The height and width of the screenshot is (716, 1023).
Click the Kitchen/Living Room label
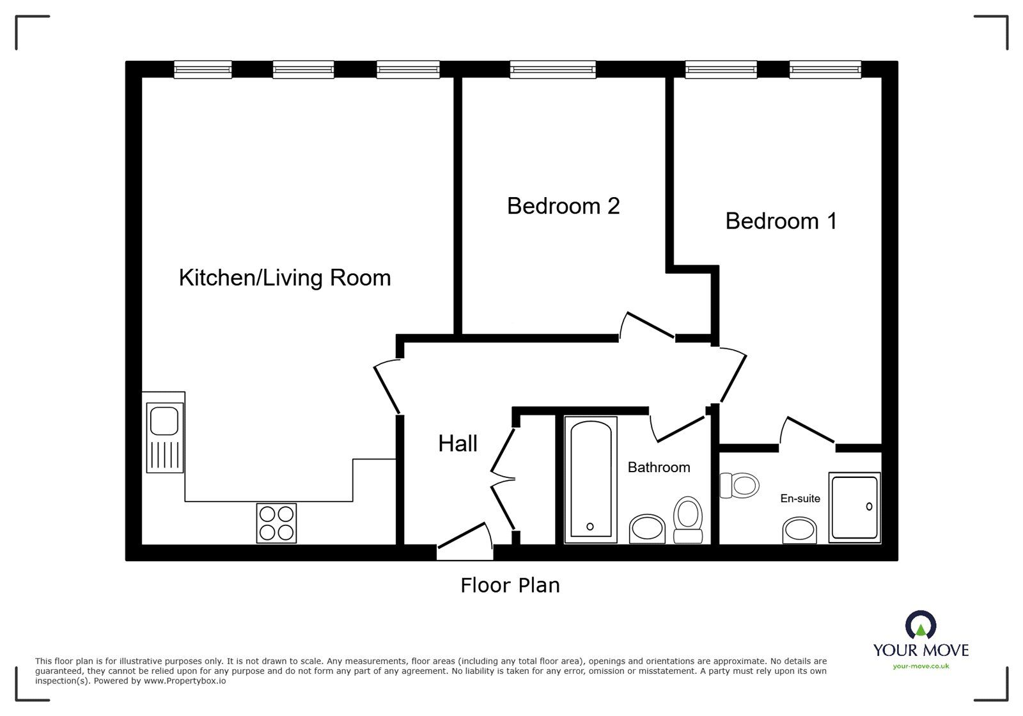[x=285, y=278]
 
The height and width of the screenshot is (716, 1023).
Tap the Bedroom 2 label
[x=563, y=206]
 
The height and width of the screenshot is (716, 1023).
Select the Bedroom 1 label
[x=781, y=221]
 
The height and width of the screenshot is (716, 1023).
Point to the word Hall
[x=458, y=443]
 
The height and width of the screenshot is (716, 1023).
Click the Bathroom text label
[x=659, y=468]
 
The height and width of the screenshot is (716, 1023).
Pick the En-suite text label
[x=800, y=498]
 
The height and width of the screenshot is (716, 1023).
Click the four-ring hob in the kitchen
[x=277, y=523]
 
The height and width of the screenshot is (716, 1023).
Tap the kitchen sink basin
[x=164, y=420]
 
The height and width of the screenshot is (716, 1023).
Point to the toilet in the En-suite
[x=740, y=485]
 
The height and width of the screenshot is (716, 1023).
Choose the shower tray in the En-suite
[x=854, y=507]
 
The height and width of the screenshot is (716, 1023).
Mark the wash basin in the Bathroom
[x=648, y=529]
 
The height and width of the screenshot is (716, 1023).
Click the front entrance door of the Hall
[x=464, y=539]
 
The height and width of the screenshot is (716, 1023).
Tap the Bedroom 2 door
[x=647, y=325]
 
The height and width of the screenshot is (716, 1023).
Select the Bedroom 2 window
[x=553, y=69]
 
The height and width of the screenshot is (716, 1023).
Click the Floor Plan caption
[x=510, y=585]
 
